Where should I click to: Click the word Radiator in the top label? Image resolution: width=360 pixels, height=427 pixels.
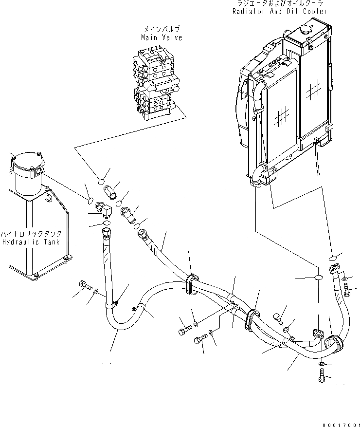click(x=249, y=11)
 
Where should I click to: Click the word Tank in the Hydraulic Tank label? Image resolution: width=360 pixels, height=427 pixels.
click(x=51, y=241)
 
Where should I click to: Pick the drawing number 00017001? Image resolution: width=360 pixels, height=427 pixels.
click(x=339, y=424)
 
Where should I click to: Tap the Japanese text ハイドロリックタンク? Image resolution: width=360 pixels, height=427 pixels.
click(x=31, y=234)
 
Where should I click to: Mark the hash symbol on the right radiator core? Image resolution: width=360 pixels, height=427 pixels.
click(x=313, y=90)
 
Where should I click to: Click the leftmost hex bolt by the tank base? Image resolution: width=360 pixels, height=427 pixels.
click(x=83, y=286)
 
